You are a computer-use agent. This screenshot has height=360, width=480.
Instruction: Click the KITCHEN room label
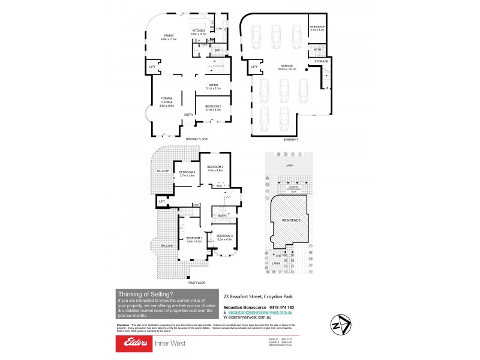click(x=199, y=31)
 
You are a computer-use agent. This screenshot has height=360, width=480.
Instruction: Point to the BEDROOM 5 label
click(x=213, y=106)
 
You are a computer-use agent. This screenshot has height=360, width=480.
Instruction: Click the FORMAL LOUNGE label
click(x=167, y=101)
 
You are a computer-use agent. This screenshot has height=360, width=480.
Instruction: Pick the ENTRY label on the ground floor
click(x=188, y=115)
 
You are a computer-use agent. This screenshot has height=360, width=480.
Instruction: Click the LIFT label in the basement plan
click(x=254, y=67)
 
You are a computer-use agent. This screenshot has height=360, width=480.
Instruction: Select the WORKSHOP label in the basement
click(x=317, y=27)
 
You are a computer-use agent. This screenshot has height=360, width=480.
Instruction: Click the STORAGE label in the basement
click(x=322, y=61)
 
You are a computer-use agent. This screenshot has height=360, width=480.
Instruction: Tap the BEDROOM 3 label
click(x=224, y=236)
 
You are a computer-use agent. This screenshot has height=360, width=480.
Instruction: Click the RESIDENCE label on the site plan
click(x=291, y=220)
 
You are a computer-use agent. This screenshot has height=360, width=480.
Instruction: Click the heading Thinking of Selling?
click(x=146, y=294)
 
